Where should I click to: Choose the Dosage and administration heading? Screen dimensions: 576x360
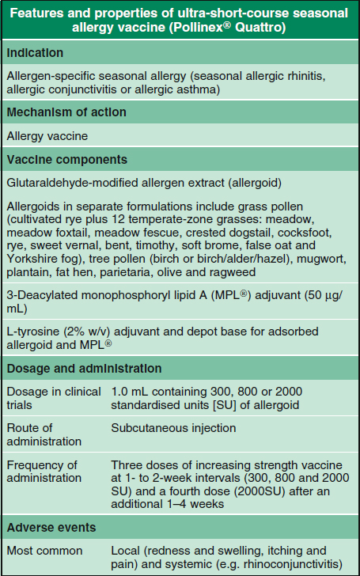(x=84, y=369)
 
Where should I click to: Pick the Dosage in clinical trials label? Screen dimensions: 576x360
(x=53, y=398)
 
